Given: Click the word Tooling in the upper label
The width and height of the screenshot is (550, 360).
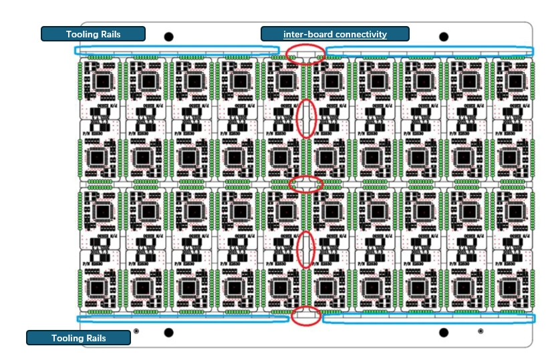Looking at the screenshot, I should (83, 34).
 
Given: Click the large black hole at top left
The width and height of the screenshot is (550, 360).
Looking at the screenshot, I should (168, 37).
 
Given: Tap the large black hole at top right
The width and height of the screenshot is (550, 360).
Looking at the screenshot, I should (444, 37).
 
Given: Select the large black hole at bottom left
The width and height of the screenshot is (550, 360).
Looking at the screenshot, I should (168, 333).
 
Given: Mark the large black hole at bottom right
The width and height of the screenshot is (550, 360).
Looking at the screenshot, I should (444, 333).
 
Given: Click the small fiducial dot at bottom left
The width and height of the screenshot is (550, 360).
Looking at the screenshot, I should (136, 331).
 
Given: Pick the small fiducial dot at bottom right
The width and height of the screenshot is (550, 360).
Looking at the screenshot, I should (480, 331).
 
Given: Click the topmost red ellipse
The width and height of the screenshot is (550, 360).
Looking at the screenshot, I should (305, 54).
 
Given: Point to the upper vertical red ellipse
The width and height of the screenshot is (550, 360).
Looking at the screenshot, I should (305, 119).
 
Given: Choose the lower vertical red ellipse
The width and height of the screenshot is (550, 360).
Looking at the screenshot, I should (306, 249).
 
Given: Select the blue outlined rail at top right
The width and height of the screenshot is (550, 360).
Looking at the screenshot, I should (429, 51).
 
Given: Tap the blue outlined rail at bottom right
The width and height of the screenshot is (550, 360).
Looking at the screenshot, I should (428, 319).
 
